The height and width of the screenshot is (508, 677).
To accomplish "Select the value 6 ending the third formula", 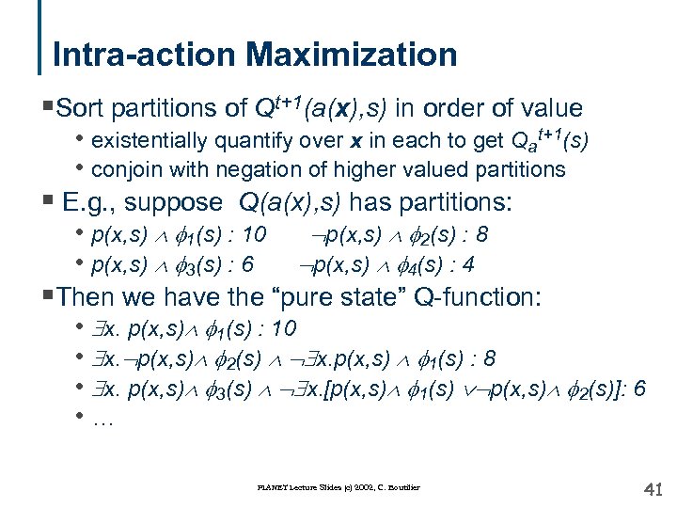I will coord(639,390).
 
